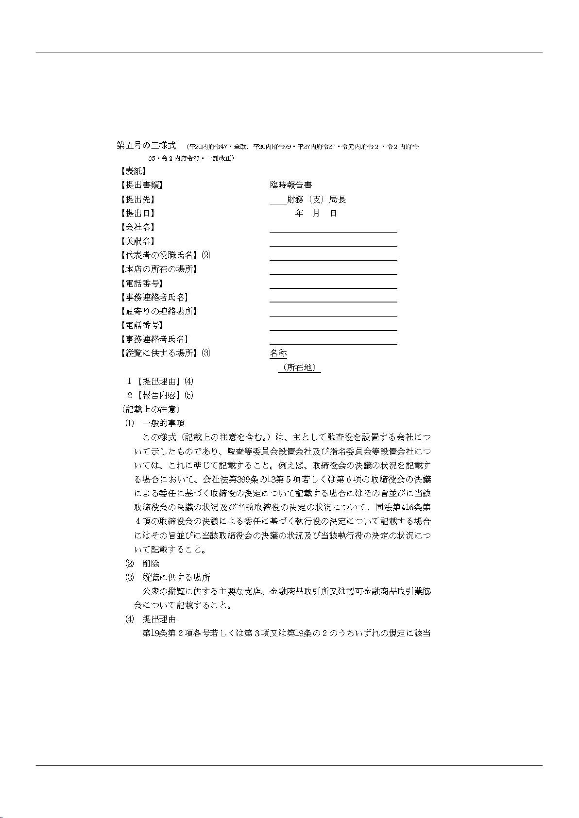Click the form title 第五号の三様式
(x=146, y=145)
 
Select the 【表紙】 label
(x=132, y=171)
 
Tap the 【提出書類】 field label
(x=141, y=185)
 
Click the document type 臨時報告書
(x=290, y=185)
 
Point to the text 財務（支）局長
(x=316, y=200)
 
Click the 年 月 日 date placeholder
(x=316, y=213)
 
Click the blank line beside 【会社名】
(x=333, y=229)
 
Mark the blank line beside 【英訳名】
(x=333, y=243)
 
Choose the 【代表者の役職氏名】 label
(x=158, y=255)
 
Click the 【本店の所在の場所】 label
(x=158, y=269)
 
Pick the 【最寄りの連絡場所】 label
(x=158, y=311)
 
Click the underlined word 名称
(x=278, y=353)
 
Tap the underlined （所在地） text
(x=299, y=368)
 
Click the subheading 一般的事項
(x=163, y=423)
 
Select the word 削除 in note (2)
(x=151, y=564)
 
